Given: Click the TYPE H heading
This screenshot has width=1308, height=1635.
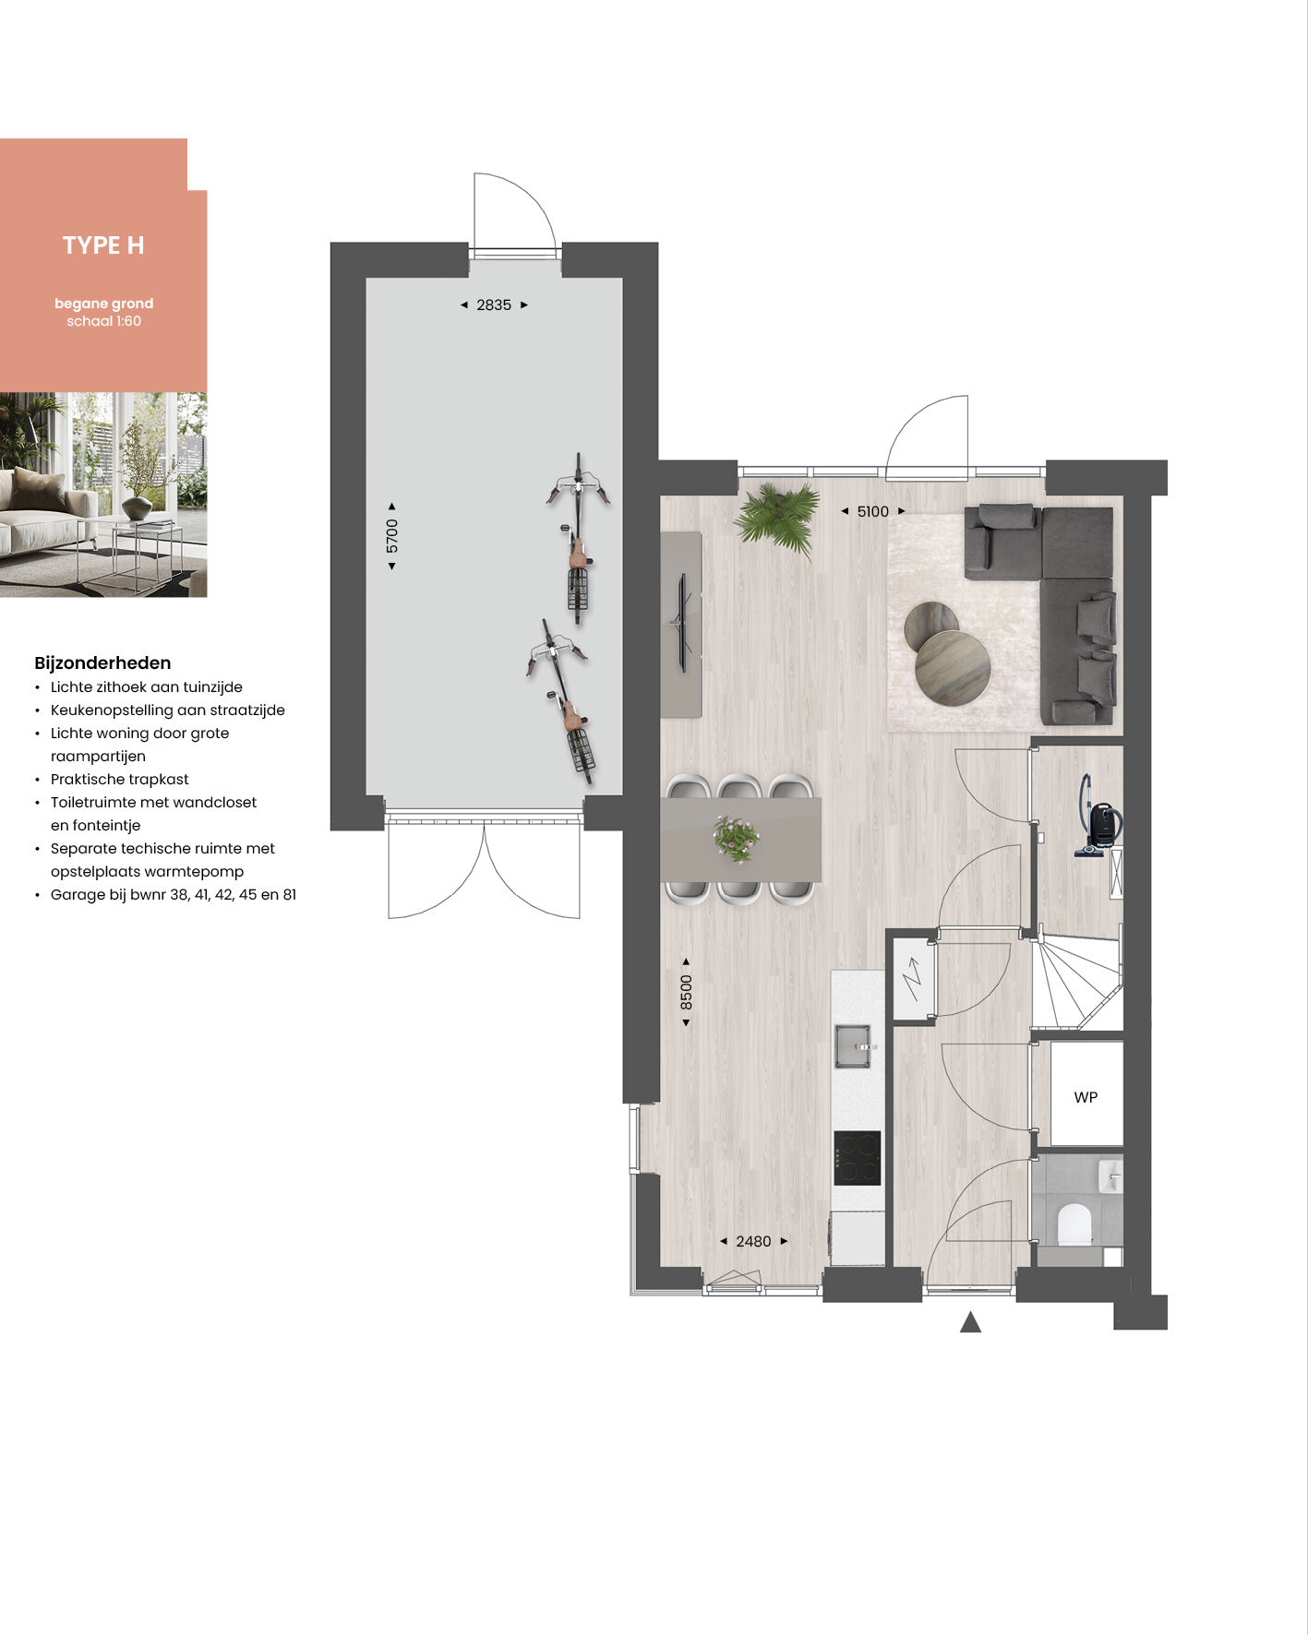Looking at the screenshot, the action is [x=103, y=245].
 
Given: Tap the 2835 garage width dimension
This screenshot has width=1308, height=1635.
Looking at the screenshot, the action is [x=494, y=304].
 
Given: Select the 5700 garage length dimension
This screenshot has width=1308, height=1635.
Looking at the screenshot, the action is [x=392, y=536].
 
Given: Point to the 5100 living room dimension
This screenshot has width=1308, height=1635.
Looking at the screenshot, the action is [x=872, y=511].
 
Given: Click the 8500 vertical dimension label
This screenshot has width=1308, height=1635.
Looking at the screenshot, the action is [x=686, y=992].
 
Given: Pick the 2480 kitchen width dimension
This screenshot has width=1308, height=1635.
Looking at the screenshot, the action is [x=753, y=1242].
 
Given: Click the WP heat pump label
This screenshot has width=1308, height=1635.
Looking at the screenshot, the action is [x=1086, y=1097].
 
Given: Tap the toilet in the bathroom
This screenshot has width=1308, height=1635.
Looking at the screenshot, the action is [x=1074, y=1224].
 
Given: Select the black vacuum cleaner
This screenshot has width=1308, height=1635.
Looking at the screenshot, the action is [x=1099, y=817].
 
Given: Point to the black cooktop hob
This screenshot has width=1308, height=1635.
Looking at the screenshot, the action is [x=857, y=1158].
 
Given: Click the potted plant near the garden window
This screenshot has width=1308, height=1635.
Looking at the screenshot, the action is [x=778, y=519].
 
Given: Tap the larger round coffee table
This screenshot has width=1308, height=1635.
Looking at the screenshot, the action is [x=953, y=668].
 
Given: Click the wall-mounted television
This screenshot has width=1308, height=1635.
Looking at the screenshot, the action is [x=683, y=622].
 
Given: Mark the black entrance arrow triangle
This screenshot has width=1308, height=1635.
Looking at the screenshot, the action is [x=970, y=1322].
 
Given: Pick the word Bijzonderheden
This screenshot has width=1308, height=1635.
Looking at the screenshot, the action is [x=102, y=662].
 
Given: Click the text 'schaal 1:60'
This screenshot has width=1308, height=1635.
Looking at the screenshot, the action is [x=103, y=321].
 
